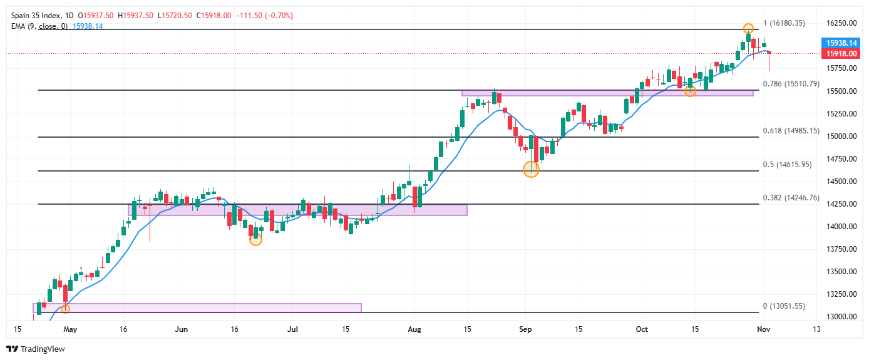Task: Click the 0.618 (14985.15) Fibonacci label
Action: click(791, 131)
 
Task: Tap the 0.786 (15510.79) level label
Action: click(791, 83)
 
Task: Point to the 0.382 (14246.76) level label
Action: click(791, 198)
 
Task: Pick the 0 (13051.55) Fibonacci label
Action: click(784, 306)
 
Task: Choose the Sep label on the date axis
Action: click(526, 328)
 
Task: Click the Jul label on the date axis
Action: click(292, 328)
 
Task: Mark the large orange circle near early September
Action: click(531, 169)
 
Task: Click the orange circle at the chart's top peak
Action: click(748, 28)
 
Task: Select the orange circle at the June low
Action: click(255, 239)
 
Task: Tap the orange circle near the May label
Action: click(65, 308)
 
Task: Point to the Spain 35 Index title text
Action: click(34, 15)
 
